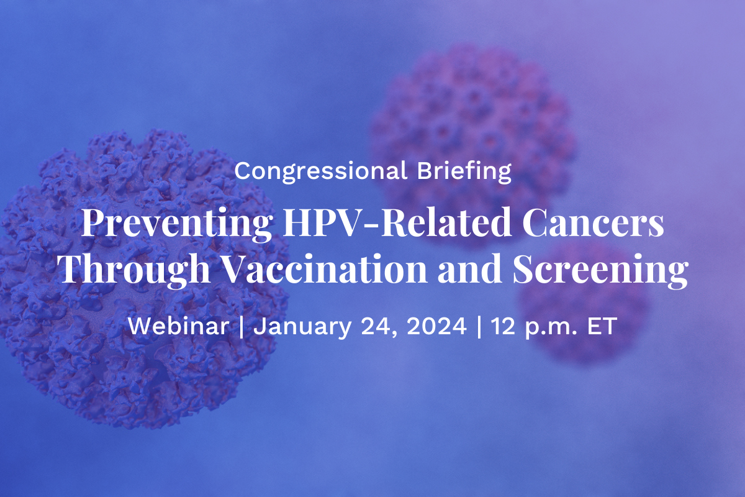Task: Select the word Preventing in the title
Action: click(175, 224)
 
